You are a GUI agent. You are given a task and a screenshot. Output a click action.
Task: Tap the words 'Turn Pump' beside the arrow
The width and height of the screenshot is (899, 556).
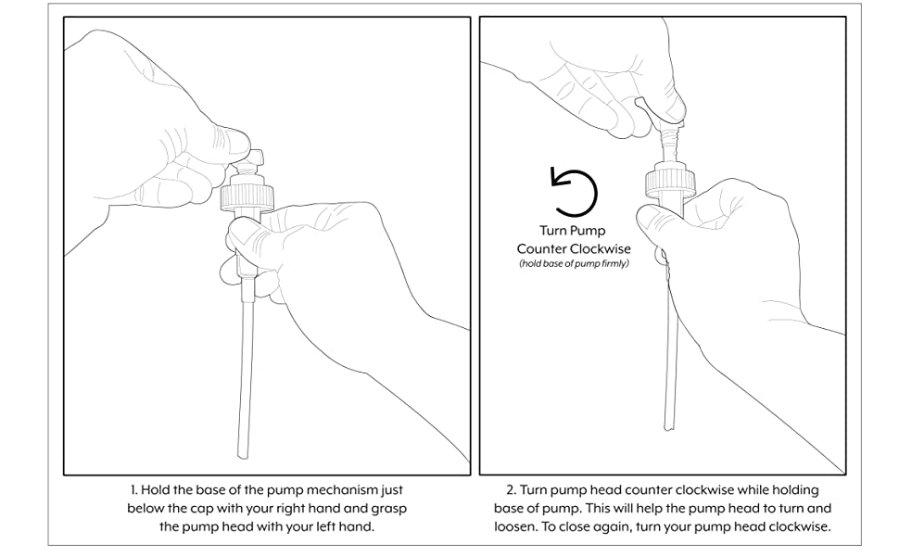[573, 232]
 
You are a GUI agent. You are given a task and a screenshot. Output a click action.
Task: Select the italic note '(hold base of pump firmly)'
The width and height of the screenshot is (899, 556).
[573, 264]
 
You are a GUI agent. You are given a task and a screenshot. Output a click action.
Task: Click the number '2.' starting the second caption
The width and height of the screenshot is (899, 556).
[512, 489]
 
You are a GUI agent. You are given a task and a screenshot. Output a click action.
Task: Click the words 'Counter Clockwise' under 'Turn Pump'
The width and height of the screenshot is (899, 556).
[573, 248]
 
